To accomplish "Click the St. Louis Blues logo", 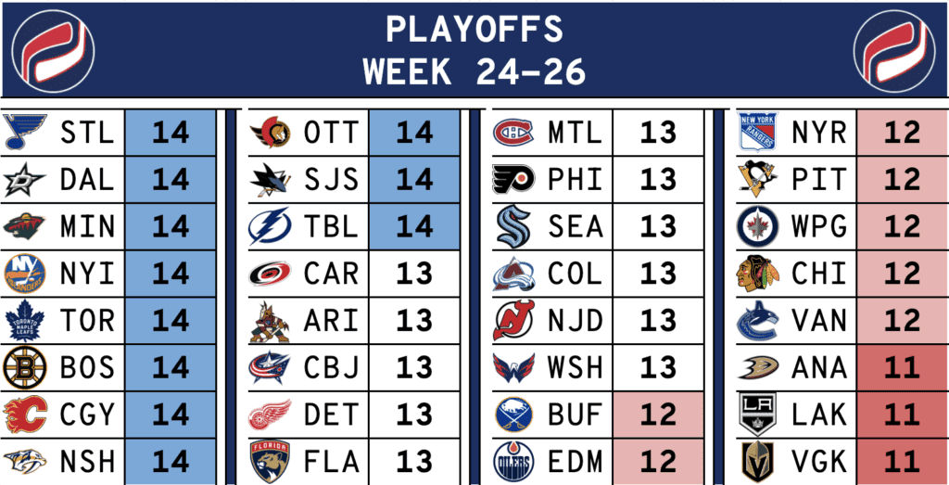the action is tap(24, 132).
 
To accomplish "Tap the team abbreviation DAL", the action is tap(87, 179).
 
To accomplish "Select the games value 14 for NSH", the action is tap(171, 462).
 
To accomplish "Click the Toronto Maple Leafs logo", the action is tap(24, 320).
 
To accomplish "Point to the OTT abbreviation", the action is tap(332, 133).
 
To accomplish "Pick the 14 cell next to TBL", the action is tap(414, 226).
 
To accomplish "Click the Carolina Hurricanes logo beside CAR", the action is tap(270, 274).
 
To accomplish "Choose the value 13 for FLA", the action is tap(414, 462).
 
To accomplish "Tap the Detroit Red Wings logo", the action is tap(270, 415).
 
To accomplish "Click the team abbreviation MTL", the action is tap(576, 133).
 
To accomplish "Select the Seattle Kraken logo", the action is tap(513, 226).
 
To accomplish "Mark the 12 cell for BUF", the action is tap(659, 415).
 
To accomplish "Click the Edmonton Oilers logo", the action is tap(513, 462).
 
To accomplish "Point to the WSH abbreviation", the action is tap(576, 367).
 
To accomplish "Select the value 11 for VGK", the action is tap(903, 462).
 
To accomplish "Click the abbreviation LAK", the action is tap(819, 415).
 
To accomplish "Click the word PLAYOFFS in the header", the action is tap(474, 29).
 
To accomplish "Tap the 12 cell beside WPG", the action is tap(903, 226).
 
